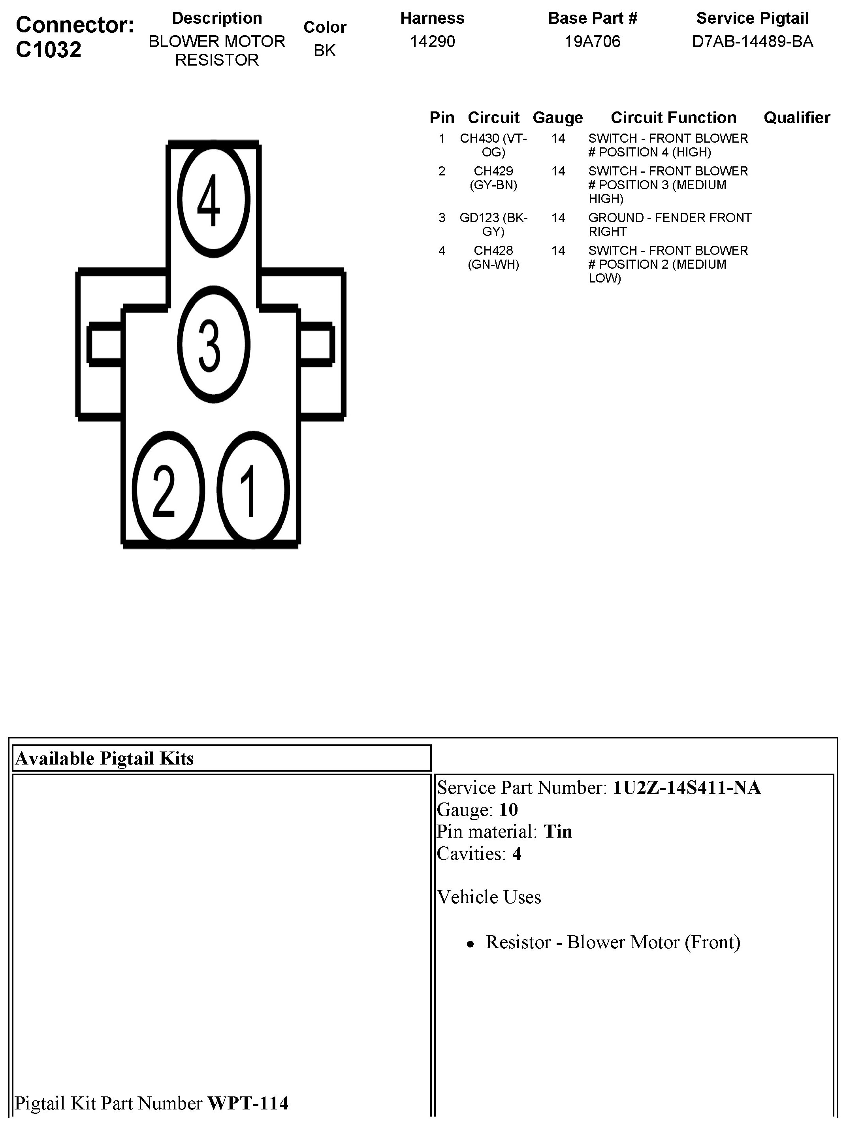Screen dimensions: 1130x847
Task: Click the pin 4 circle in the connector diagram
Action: point(214,199)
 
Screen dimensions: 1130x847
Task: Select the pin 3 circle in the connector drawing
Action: point(214,344)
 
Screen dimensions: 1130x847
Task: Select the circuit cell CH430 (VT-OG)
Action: point(493,145)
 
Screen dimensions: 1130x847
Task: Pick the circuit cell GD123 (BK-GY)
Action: point(493,225)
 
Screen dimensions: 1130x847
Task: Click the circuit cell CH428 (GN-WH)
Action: point(493,258)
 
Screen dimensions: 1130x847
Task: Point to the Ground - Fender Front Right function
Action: point(669,225)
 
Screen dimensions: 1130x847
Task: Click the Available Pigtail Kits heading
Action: point(105,759)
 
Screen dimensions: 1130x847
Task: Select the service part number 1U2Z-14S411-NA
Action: point(686,788)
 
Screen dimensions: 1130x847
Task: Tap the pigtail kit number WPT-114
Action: point(248,1104)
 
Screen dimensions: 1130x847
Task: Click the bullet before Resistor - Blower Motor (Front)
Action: point(471,945)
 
